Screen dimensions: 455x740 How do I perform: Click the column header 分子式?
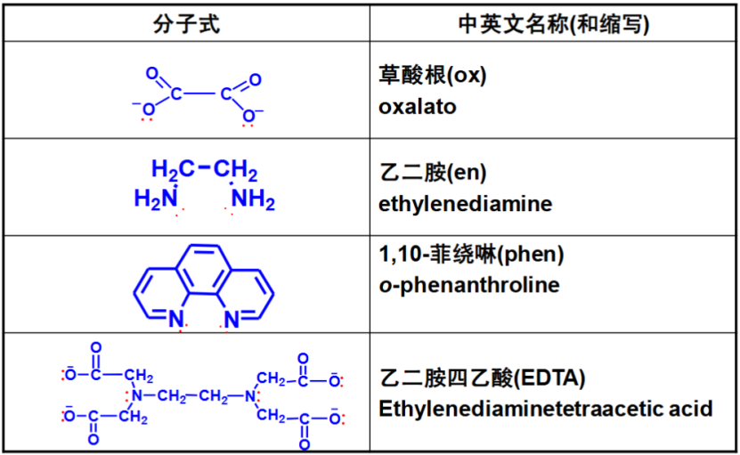pos(186,24)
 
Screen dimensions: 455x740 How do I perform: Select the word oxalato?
pos(417,107)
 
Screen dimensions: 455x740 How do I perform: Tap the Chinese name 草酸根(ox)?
pos(432,77)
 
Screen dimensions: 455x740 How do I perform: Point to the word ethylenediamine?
pos(465,204)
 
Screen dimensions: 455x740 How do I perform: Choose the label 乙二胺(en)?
pos(432,173)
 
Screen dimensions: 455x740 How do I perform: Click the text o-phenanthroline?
pos(468,285)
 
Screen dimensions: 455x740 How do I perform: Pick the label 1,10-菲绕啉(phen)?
pos(471,255)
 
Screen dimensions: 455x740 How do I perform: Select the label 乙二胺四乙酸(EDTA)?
pos(482,378)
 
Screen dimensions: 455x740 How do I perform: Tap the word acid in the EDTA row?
pos(694,409)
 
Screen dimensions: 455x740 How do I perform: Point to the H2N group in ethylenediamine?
pos(156,198)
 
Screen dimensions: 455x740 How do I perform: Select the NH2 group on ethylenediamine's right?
pos(254,199)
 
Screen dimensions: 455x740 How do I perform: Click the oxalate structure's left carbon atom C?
pos(176,93)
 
